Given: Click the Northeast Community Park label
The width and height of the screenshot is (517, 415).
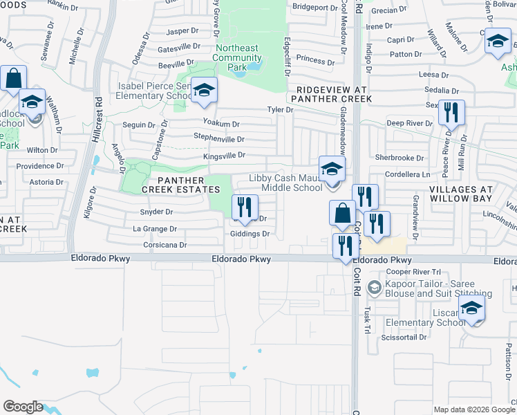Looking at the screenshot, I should point(237,57).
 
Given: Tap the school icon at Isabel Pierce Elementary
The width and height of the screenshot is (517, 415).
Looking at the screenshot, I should point(204,90).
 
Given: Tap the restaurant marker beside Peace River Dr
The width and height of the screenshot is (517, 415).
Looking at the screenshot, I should point(451,113).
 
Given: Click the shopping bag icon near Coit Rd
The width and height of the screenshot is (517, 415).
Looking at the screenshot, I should point(342,213).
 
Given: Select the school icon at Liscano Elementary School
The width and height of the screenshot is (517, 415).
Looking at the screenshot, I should point(472,308).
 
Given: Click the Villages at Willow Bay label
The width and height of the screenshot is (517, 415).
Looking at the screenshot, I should point(460,194).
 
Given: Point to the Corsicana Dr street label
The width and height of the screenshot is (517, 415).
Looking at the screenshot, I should point(164,245).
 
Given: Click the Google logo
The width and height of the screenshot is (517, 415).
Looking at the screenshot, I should point(23,407).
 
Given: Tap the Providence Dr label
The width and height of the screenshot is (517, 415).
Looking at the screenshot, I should point(40,166).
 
